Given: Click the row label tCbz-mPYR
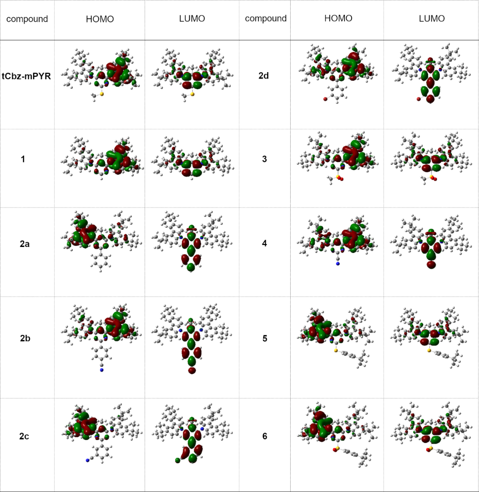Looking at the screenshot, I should [27, 76].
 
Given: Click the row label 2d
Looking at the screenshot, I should [264, 76].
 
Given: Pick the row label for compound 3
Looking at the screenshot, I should [264, 159].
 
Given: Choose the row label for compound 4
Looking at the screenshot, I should [264, 244].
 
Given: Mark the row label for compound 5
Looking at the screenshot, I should [264, 339].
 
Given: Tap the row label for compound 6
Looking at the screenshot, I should [264, 436].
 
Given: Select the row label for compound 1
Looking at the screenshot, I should [23, 159].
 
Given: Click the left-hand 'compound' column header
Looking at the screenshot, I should [27, 19].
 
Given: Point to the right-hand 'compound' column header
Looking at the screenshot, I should [266, 19].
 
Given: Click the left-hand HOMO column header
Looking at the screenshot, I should [99, 19].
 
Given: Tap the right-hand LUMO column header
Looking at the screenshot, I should [431, 19].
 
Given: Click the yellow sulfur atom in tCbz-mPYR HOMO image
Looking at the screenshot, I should [102, 94].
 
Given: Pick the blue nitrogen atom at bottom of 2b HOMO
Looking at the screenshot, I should [102, 370].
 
